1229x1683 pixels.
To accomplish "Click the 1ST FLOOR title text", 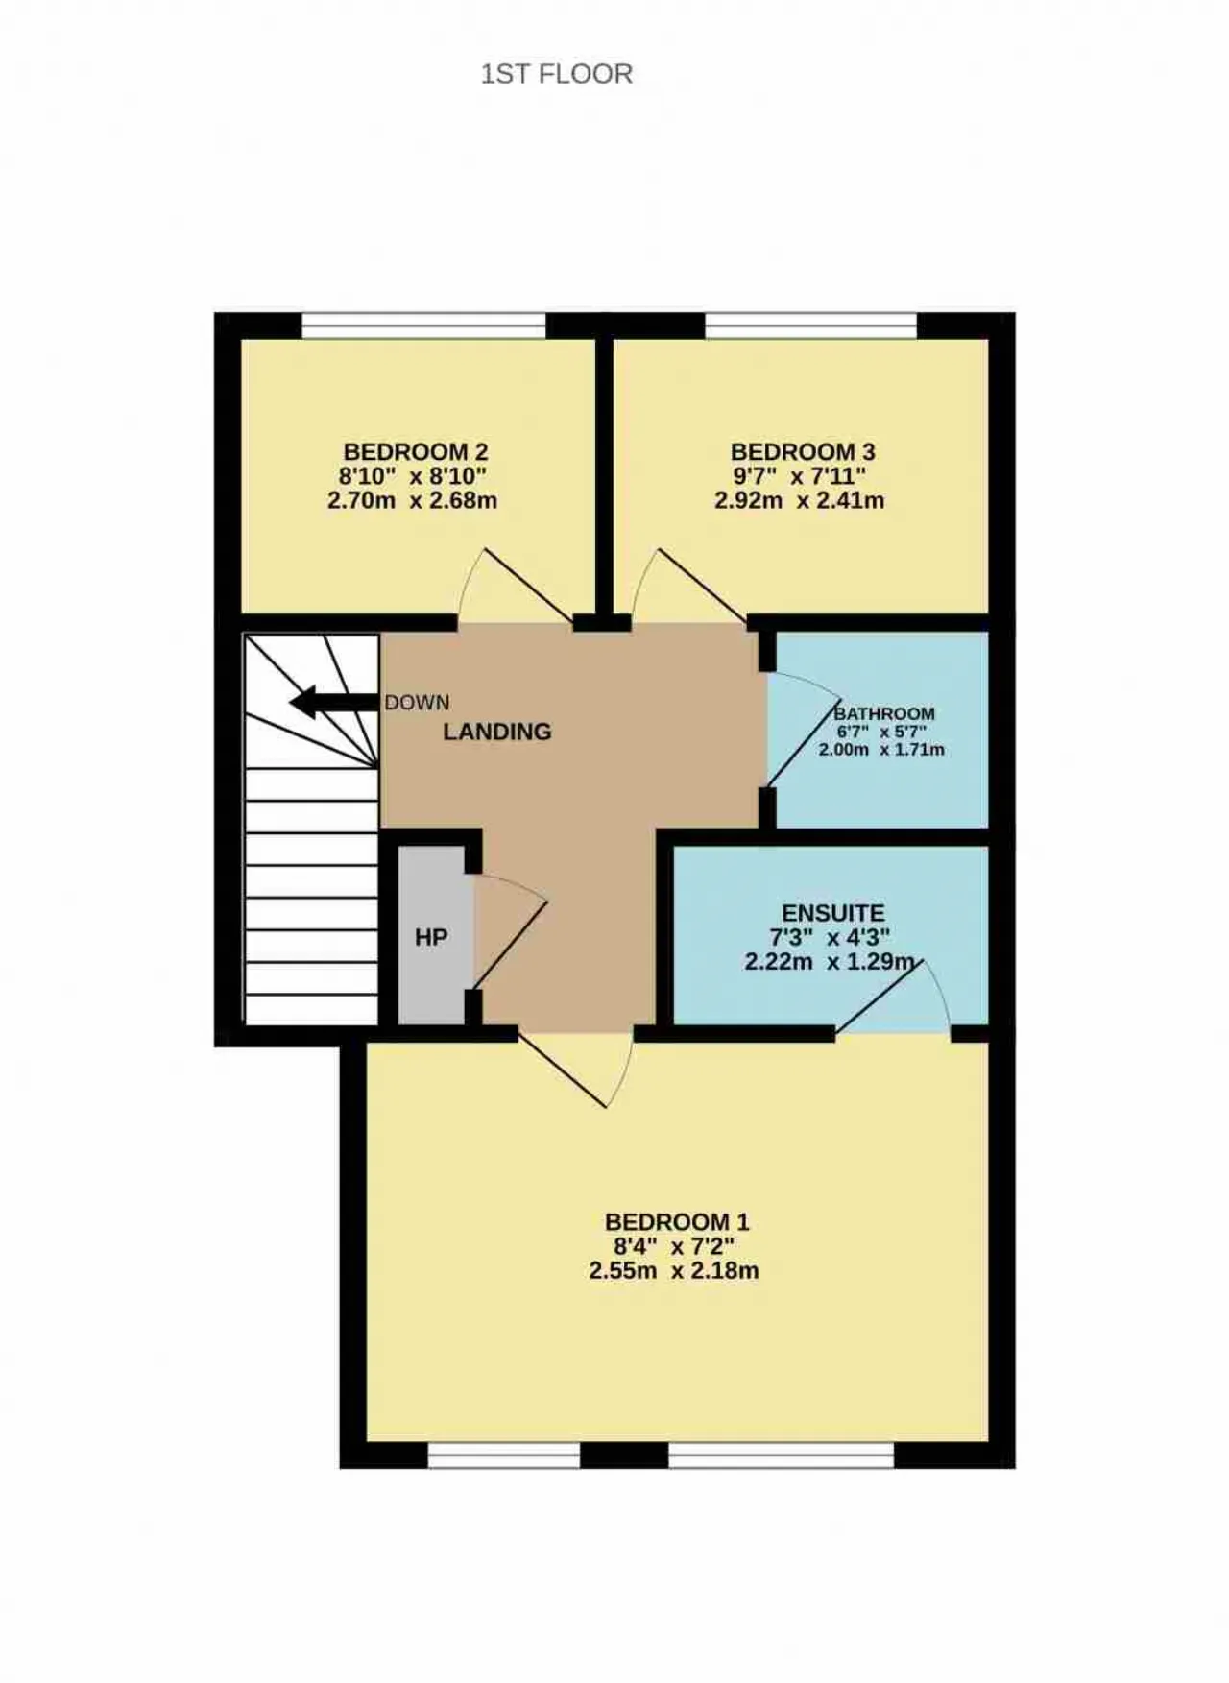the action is click(557, 74).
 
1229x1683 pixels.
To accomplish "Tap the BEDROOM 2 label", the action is click(416, 451).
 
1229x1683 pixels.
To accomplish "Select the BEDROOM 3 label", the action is click(803, 451).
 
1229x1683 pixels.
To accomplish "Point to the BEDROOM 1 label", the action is click(677, 1222).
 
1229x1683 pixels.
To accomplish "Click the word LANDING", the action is click(497, 732).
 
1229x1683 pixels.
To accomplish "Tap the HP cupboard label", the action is click(431, 937).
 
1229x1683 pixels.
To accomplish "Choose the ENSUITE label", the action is click(833, 913).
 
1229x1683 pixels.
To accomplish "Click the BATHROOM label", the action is click(884, 713).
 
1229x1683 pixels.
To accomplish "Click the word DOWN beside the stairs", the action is click(417, 703).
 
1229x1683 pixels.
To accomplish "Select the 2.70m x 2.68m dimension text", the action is click(413, 500).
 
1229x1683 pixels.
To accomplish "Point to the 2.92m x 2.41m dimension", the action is click(800, 500).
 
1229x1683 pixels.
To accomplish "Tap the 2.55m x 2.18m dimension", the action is click(674, 1271).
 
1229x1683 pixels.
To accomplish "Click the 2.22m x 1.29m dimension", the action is click(831, 962).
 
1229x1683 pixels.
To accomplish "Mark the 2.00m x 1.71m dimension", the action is click(881, 750).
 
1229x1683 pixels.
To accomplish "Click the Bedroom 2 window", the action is click(424, 326).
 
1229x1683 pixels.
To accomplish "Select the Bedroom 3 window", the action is click(811, 326).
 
